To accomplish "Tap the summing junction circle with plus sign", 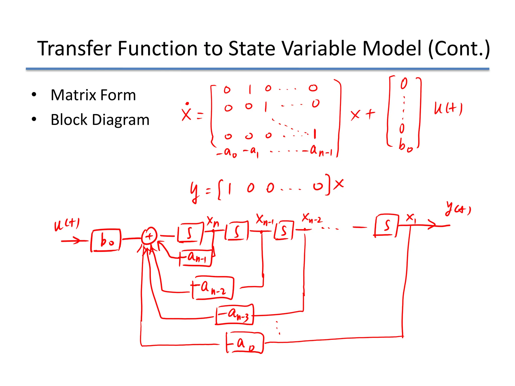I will pyautogui.click(x=149, y=236).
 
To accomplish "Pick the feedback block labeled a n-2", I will pyautogui.click(x=213, y=288).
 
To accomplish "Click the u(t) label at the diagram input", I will pyautogui.click(x=67, y=224).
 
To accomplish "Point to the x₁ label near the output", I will pyautogui.click(x=411, y=217).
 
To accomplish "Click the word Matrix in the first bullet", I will pyautogui.click(x=73, y=95).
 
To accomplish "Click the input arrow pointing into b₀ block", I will pyautogui.click(x=72, y=241).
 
